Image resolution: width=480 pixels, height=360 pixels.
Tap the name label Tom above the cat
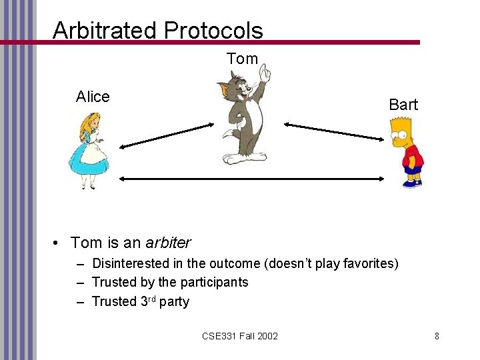tap(242, 59)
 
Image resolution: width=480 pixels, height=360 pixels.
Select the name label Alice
tap(93, 97)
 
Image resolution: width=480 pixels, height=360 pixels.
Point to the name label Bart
tap(403, 105)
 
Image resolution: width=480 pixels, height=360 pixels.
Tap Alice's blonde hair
tap(86, 123)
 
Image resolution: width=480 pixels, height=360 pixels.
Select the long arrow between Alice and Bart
tap(253, 179)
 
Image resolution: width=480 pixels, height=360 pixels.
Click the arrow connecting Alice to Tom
tap(166, 135)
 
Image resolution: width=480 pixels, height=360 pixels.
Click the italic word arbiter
tap(168, 243)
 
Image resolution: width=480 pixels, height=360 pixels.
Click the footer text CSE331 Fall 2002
tap(239, 335)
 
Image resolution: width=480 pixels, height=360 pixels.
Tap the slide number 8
tap(437, 335)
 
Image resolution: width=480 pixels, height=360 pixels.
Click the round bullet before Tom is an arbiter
tap(59, 243)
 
